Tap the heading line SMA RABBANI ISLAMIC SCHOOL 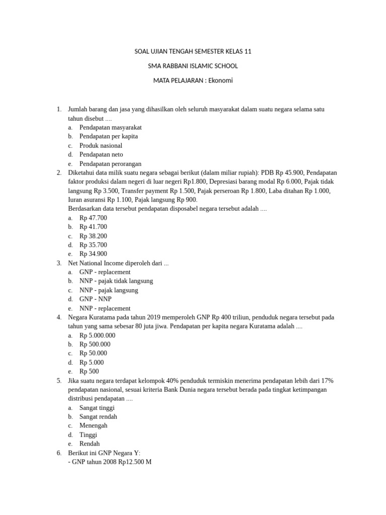193,66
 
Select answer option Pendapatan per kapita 109,136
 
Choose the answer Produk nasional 101,145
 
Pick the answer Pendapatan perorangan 111,163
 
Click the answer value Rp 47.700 93,218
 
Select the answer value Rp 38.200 93,236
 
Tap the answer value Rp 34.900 93,254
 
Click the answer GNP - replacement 105,272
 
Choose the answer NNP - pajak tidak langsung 116,281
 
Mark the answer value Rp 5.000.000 98,335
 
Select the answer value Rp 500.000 95,345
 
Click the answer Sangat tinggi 97,408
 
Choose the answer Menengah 93,426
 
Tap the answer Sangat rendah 99,417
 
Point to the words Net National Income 98,263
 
